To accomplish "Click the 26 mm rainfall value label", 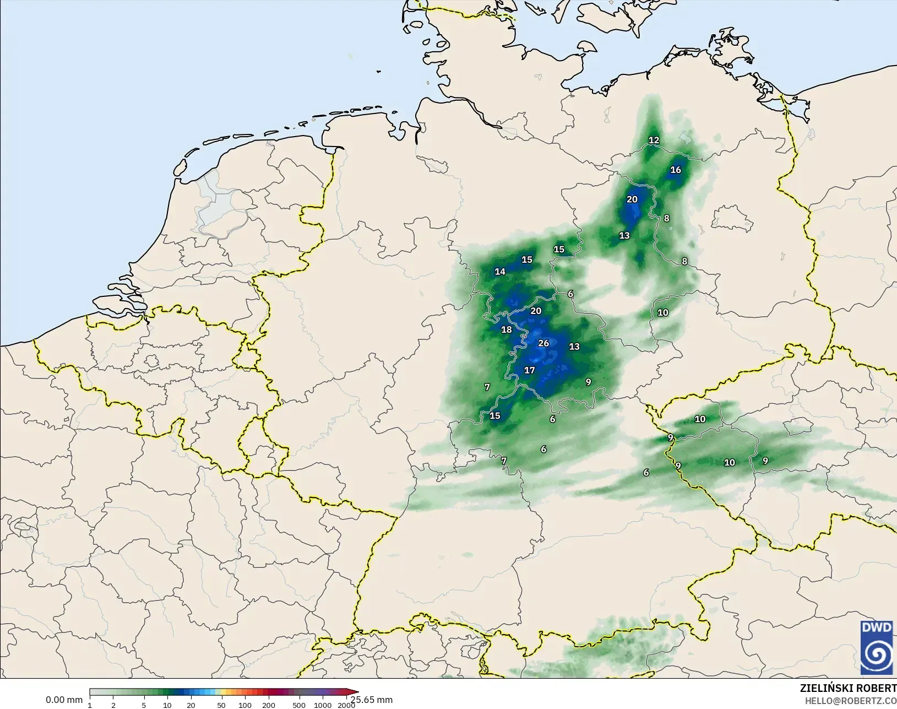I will pos(543,343).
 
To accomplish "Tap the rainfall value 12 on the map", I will pos(654,140).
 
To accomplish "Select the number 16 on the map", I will pos(676,170).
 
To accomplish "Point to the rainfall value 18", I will pos(506,329).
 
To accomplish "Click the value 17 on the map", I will pos(529,370).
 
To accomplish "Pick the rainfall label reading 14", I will pos(500,271).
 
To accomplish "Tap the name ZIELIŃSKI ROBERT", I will pos(848,688).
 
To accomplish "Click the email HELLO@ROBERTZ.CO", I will pos(851,701).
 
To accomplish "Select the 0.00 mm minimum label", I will pos(64,700).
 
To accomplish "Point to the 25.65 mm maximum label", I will pos(372,700).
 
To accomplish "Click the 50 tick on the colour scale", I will pos(221,705).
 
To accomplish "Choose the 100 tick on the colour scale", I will pos(245,705).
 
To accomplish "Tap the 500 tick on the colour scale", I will pos(298,705).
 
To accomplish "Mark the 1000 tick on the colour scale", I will pos(323,705).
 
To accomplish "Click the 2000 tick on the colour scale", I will pos(346,705).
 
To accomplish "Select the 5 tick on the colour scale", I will pos(144,705).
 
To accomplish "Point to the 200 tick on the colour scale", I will pos(269,705).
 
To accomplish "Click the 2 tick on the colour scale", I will pos(113,705).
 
